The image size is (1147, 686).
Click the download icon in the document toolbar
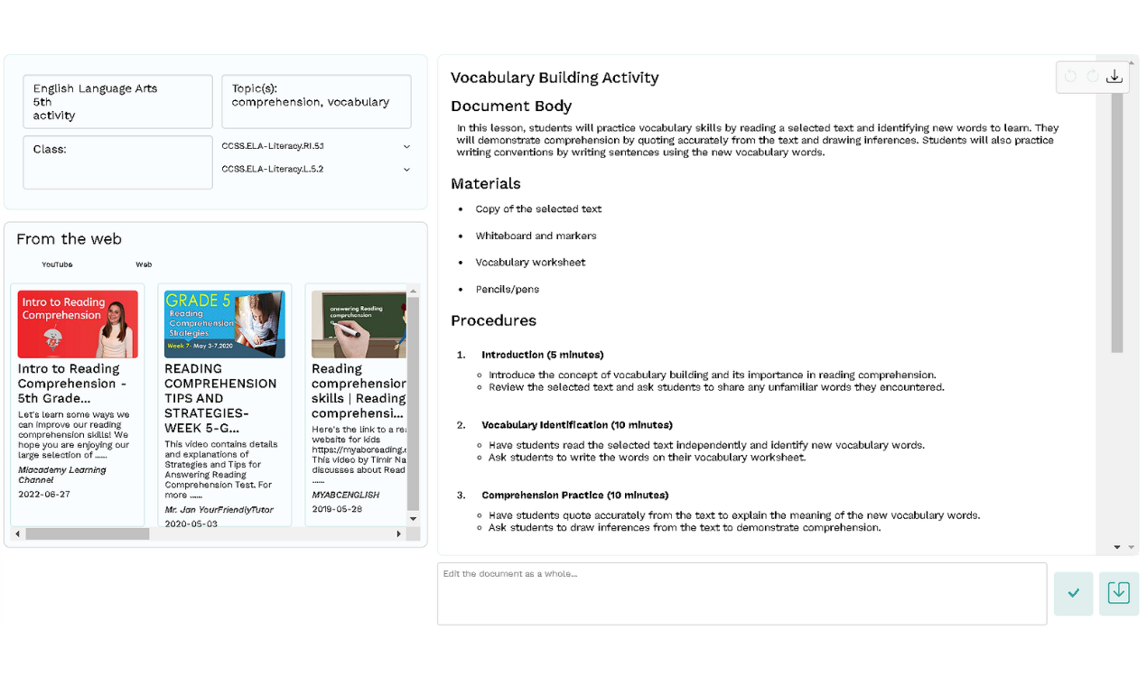point(1114,77)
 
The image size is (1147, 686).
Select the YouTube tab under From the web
point(57,264)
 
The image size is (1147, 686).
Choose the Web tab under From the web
point(144,264)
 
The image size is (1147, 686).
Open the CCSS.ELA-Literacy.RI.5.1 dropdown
point(315,146)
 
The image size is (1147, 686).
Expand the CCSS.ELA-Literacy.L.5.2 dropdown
point(315,169)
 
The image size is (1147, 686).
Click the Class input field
point(117,162)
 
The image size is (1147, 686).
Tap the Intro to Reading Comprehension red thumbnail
point(78,324)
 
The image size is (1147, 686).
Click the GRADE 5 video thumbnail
point(225,324)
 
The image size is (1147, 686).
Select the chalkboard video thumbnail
point(359,324)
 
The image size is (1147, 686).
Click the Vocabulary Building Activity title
point(555,78)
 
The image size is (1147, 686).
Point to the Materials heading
point(486,183)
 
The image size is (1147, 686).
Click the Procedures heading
point(493,320)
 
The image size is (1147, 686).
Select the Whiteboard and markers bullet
point(536,236)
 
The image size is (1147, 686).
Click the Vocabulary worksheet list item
point(530,263)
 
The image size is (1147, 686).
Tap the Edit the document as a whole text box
point(741,594)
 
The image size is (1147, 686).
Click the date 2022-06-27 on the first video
point(44,495)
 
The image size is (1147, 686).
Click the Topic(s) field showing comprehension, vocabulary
point(316,101)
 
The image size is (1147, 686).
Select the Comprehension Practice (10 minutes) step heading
point(574,496)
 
